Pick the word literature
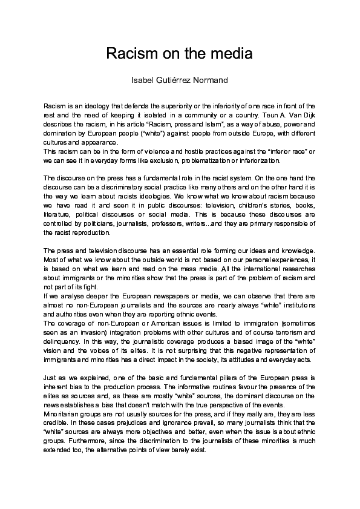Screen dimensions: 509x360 coord(58,214)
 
